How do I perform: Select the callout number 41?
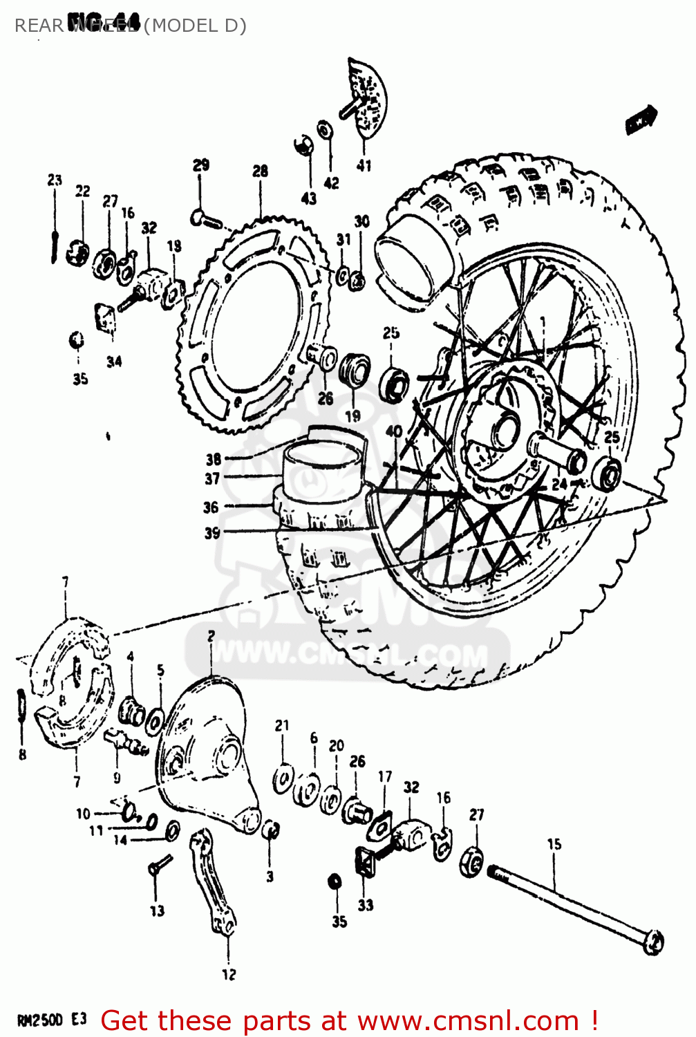coord(364,165)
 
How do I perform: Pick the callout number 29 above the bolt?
coord(200,165)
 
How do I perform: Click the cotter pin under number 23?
coord(54,239)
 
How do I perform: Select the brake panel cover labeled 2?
coord(207,754)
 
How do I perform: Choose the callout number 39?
coord(212,533)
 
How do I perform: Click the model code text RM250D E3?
coord(51,1020)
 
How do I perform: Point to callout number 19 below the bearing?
coord(352,416)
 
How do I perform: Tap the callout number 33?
coord(366,904)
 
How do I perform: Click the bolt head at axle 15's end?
coord(653,942)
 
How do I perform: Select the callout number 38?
coord(214,458)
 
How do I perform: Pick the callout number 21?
coord(282,725)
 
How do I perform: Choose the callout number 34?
coord(114,361)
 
